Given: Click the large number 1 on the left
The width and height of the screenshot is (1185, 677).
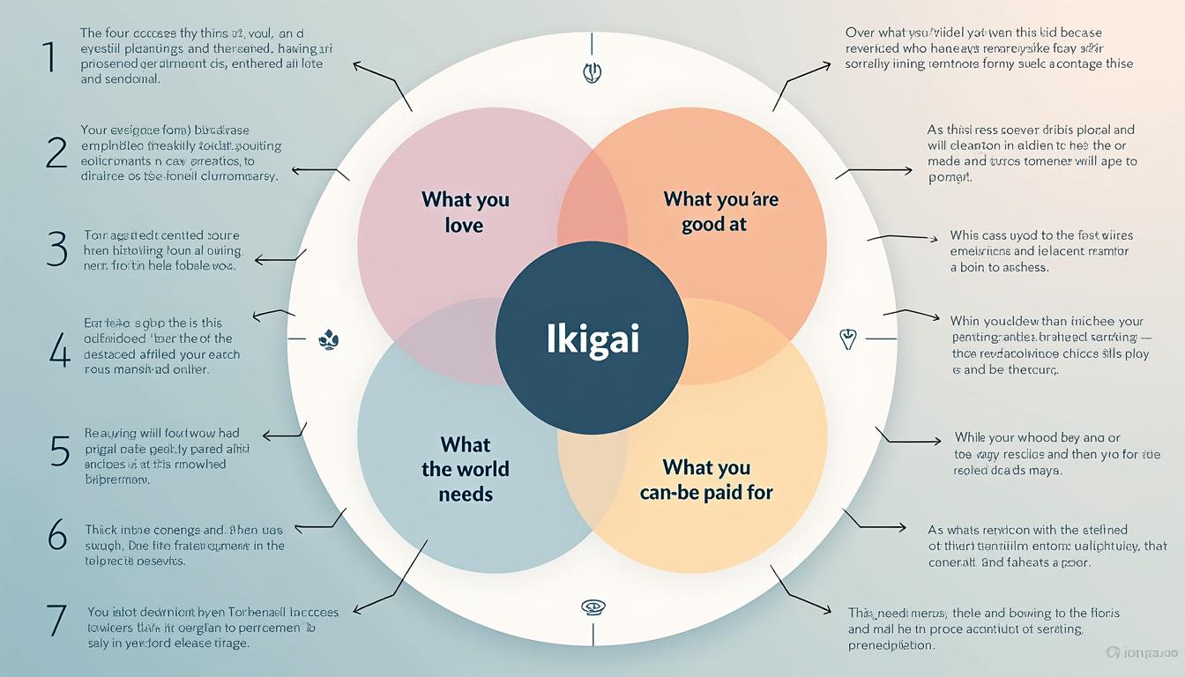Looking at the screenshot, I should pos(48,57).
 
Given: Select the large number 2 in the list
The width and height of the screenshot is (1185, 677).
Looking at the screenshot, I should pos(56,153).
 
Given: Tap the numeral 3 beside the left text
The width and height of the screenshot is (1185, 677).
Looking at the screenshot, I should pos(56,249).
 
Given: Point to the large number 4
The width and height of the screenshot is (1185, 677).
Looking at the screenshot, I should pos(58,350).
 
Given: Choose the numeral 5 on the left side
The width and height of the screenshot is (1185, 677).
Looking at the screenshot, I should pos(59,450).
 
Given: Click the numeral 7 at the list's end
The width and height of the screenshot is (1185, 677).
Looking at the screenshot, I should pos(56,621).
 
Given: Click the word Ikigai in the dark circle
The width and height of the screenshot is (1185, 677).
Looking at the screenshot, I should pos(592,338).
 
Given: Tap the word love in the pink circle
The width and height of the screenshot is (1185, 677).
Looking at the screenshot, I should pos(465,225).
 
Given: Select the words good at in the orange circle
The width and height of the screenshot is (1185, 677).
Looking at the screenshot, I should pos(714,224).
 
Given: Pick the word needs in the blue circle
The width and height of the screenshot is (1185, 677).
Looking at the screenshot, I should pos(466,494).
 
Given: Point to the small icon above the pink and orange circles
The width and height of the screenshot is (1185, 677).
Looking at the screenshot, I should pos(592,72).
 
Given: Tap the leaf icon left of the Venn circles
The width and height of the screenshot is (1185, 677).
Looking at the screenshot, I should pos(328,338).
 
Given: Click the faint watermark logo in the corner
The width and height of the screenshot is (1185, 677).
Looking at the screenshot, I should pos(1144,653).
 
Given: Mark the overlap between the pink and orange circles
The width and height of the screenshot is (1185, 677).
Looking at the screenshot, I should pos(592,198).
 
